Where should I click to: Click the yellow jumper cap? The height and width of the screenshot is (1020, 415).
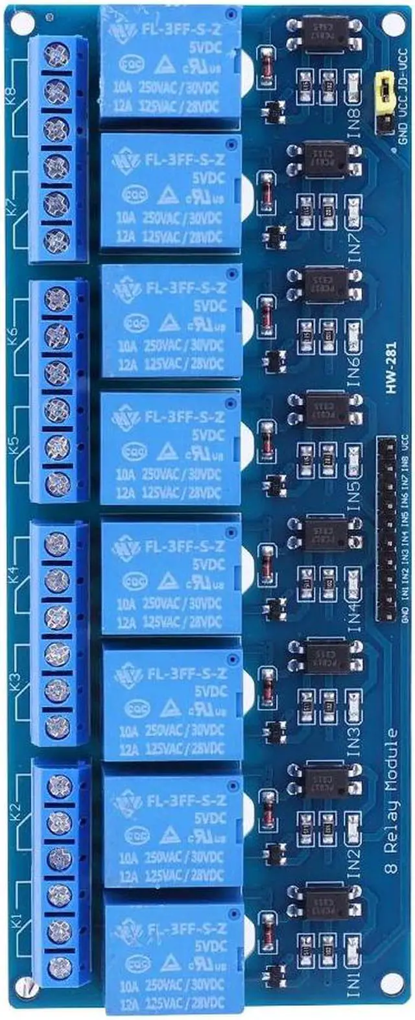[384, 88]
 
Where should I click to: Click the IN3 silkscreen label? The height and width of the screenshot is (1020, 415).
[354, 737]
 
